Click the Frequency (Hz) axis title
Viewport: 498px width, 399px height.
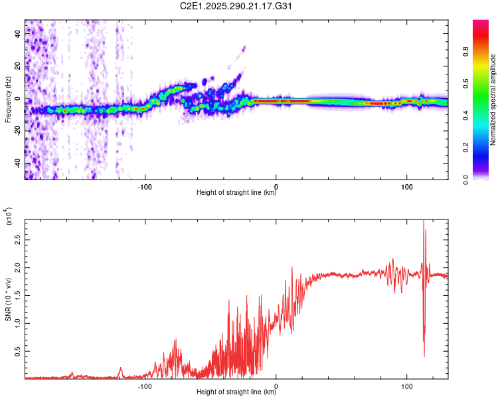pos(8,100)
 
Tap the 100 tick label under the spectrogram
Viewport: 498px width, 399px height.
pos(407,186)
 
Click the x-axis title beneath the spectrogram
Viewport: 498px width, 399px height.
pos(236,193)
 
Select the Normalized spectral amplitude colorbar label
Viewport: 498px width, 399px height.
pos(493,100)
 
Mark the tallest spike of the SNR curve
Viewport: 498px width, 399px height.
pos(423,222)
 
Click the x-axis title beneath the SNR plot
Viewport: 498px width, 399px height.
pos(236,392)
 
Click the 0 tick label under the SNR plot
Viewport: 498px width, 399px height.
pos(276,385)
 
